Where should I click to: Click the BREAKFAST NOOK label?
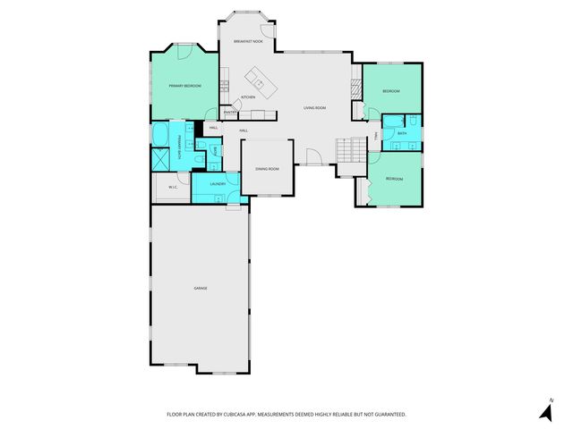(x=248, y=42)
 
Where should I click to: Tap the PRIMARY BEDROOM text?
(x=185, y=86)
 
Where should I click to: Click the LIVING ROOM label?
(x=314, y=108)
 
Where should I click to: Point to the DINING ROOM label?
(x=267, y=169)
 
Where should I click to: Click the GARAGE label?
(x=201, y=288)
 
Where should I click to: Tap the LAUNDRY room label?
(x=218, y=184)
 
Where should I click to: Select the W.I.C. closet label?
(x=173, y=187)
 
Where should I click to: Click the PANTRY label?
(x=230, y=113)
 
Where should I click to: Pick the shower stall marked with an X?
(x=162, y=160)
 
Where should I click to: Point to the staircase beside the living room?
(x=352, y=149)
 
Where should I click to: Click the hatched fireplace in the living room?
(x=355, y=88)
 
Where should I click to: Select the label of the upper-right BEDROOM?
(x=391, y=92)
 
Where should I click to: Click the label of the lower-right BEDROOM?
(x=394, y=179)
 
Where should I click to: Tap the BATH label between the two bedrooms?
(x=402, y=134)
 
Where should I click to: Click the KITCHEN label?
(x=248, y=97)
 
